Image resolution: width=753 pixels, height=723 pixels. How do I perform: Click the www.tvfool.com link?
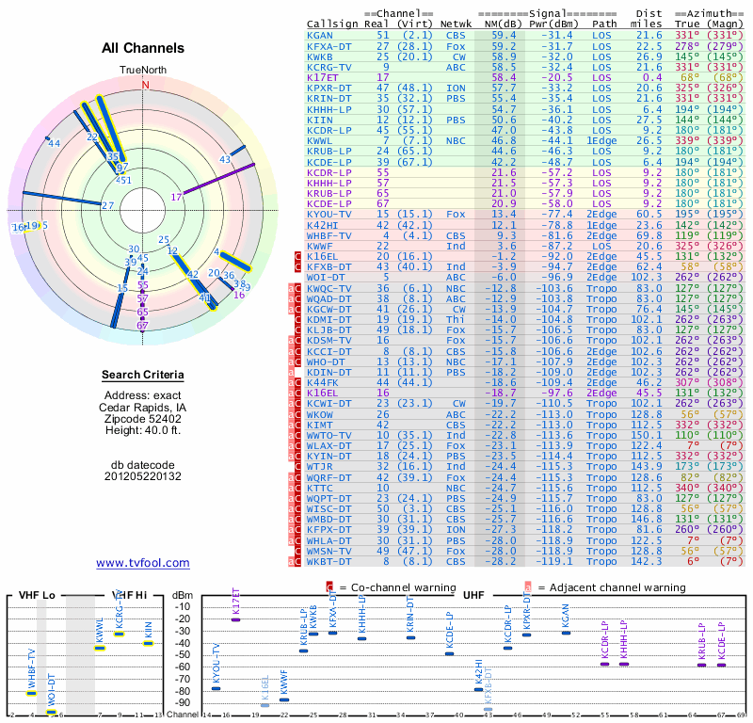point(143,563)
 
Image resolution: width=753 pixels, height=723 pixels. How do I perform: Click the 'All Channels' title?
point(143,48)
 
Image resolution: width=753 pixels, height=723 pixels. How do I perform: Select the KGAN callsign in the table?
point(320,35)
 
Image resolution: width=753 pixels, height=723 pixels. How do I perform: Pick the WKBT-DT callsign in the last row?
point(328,561)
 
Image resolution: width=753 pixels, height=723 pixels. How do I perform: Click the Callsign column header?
point(333,23)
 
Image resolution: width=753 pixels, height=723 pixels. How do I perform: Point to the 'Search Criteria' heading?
point(143,376)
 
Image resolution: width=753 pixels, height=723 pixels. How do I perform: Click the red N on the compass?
point(145,85)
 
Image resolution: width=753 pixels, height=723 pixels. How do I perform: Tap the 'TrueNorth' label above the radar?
point(143,71)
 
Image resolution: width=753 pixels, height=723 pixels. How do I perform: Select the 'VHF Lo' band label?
point(38,595)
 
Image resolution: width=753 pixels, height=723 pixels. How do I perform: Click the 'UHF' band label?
point(473,595)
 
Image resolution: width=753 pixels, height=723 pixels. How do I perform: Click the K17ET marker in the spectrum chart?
point(235,619)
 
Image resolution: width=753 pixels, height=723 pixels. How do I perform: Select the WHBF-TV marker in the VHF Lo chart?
point(31,693)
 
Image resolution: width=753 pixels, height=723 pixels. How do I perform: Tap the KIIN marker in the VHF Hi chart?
point(148,643)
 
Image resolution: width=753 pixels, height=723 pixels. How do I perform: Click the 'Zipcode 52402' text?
point(143,419)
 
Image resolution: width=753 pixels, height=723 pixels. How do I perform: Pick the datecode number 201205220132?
point(143,476)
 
